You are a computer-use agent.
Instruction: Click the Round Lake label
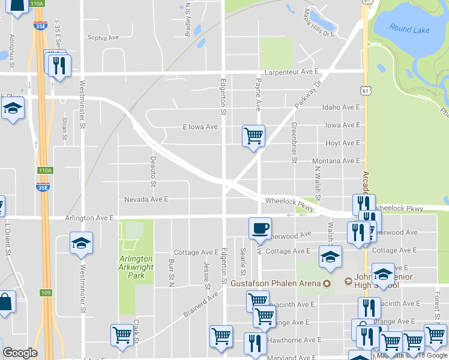(x=408, y=28)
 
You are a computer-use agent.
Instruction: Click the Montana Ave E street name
(x=336, y=161)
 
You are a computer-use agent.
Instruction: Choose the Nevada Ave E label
(x=146, y=199)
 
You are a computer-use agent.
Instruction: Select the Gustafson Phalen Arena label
(x=277, y=283)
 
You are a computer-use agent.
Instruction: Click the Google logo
(x=20, y=353)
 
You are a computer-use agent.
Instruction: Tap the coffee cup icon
(x=260, y=228)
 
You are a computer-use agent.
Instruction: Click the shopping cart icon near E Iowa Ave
(x=253, y=136)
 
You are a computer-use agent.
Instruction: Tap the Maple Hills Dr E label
(x=318, y=22)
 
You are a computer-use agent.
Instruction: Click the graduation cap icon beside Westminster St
(x=81, y=243)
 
